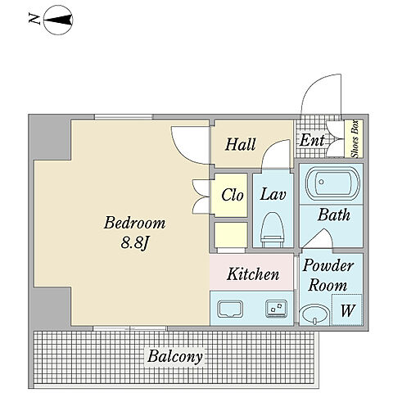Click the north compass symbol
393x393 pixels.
tap(58, 20)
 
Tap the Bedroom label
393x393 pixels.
tap(134, 223)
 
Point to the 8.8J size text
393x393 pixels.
tap(134, 242)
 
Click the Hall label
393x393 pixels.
tap(241, 144)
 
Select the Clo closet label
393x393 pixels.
tap(233, 195)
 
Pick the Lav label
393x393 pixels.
tap(273, 194)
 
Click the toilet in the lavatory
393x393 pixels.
tap(273, 230)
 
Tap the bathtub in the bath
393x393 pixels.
tap(332, 183)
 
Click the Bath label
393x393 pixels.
tap(334, 215)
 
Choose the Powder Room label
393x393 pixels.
tap(327, 275)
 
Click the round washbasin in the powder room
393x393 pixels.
tap(314, 314)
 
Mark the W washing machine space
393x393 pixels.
tap(347, 310)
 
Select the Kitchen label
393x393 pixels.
tap(253, 274)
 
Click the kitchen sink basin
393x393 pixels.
tap(230, 309)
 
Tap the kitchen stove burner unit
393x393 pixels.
tap(277, 309)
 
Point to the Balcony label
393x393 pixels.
tap(175, 356)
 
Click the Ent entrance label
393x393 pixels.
tap(312, 140)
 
